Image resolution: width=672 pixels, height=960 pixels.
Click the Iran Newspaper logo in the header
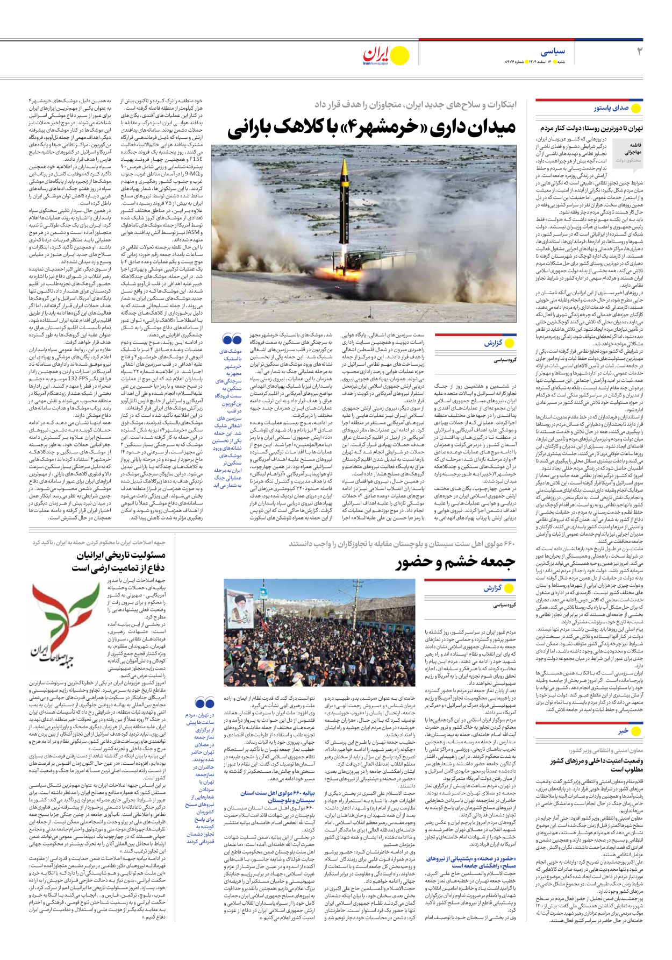[385, 55]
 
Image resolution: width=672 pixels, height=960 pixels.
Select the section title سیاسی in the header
[553, 52]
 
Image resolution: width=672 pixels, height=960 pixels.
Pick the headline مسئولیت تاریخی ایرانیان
[120, 556]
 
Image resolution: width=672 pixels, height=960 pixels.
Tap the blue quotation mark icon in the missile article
[232, 340]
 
